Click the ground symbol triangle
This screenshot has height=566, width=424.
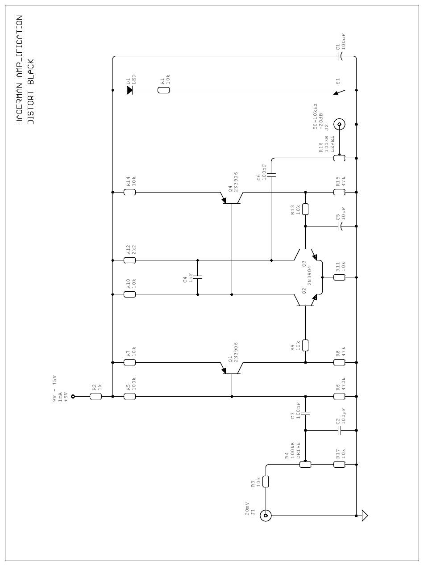[365, 516]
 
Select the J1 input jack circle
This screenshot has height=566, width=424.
[266, 516]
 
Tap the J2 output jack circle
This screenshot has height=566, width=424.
[339, 125]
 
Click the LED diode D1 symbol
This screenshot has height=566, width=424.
[129, 90]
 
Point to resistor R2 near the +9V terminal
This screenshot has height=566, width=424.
[96, 397]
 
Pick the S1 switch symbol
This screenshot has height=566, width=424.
[340, 92]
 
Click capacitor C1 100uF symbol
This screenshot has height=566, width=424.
[340, 56]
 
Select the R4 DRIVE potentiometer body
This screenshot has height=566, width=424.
[305, 465]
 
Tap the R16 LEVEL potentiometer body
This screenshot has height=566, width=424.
[339, 158]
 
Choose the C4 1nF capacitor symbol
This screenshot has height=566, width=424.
[198, 277]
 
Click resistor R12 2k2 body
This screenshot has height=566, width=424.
[129, 260]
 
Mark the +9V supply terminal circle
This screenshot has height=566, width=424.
[73, 397]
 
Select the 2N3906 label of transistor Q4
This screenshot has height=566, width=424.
[236, 182]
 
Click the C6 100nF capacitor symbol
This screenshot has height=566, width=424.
[271, 175]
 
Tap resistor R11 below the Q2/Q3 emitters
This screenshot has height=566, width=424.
[339, 277]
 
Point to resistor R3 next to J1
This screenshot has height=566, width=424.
[266, 482]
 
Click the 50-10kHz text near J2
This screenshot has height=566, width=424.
[315, 116]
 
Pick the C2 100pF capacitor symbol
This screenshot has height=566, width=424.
[339, 431]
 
